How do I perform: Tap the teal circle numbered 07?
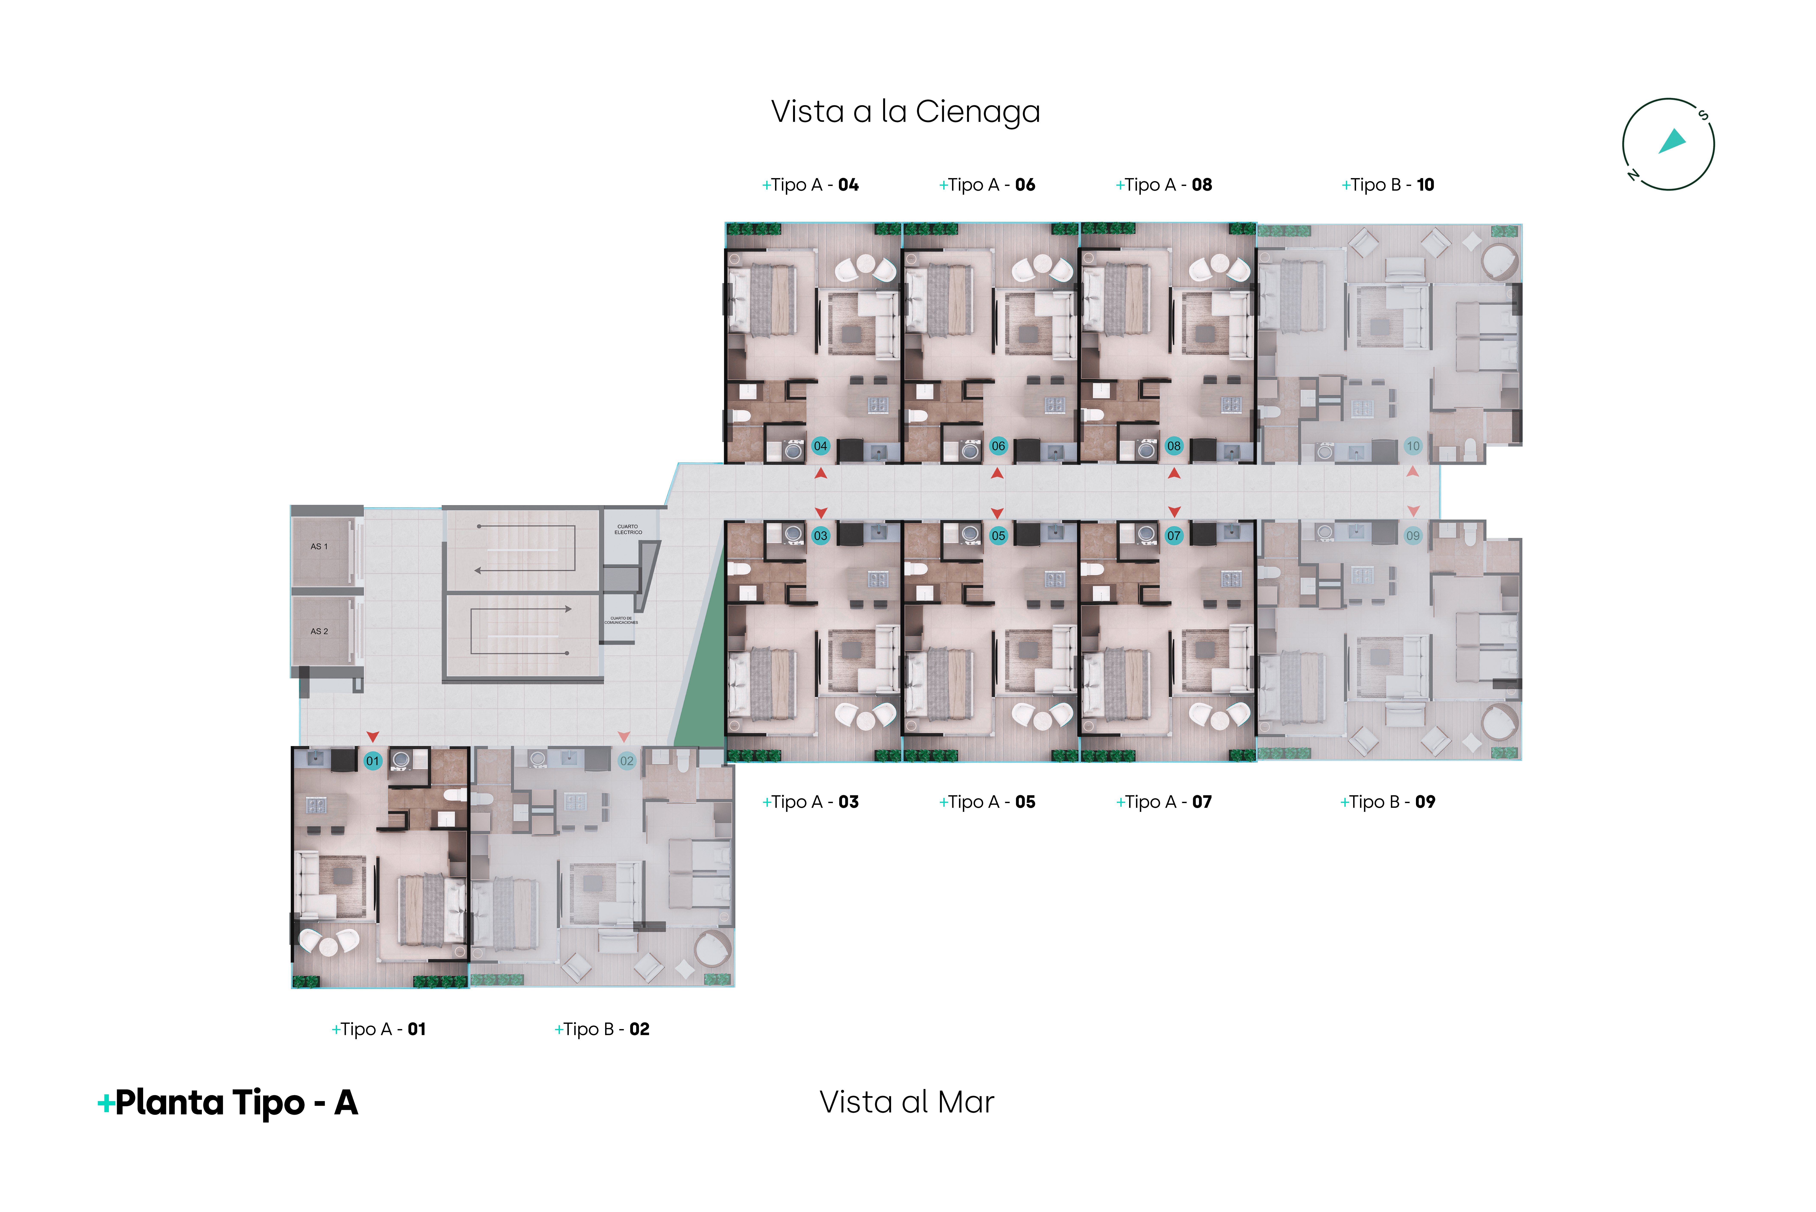1174,536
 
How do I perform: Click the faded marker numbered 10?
1413,446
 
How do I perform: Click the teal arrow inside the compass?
1673,141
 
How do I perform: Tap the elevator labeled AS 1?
319,547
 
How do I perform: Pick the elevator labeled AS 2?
319,632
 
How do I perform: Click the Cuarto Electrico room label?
628,529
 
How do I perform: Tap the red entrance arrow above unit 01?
372,737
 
